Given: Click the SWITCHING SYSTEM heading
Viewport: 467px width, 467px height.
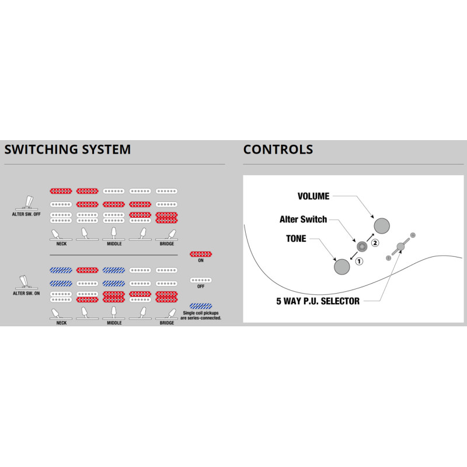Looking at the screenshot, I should (67, 149).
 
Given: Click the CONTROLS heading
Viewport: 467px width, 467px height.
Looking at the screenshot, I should (278, 149).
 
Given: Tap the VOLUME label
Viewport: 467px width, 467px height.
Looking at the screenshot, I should (313, 197).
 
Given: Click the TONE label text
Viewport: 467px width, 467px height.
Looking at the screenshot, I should (296, 239).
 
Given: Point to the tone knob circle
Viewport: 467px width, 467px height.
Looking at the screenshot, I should (341, 266).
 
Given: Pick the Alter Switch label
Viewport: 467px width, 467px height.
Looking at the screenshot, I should (303, 219).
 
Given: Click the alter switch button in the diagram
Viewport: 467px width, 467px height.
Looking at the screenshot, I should (362, 246).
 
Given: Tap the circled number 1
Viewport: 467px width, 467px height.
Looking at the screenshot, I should (359, 262).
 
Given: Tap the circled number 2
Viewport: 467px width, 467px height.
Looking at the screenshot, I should (375, 242).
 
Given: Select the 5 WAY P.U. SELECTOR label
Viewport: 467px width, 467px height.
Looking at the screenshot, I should (318, 301).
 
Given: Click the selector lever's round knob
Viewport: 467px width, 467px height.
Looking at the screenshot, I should (400, 246).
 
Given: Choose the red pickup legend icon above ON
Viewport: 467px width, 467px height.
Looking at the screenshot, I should (201, 255).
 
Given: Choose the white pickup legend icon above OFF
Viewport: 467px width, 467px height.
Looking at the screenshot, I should (201, 281).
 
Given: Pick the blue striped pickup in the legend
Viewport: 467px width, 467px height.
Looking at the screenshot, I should (201, 305).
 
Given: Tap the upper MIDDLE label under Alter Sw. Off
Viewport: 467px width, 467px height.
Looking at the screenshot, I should (114, 243).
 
